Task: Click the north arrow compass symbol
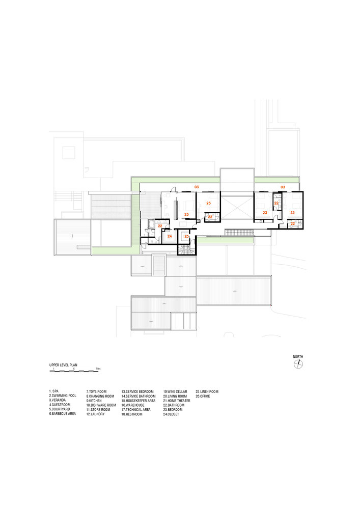tap(298, 364)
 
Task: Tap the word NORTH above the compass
tap(298, 357)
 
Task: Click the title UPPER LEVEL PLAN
tap(63, 365)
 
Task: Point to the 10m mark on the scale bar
tap(98, 369)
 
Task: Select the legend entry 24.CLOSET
tap(171, 414)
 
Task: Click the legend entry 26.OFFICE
tap(203, 396)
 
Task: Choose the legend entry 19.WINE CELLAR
tap(175, 391)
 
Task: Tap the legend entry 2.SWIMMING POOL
tap(63, 395)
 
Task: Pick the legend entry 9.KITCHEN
tap(94, 401)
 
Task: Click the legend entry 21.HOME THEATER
tap(177, 401)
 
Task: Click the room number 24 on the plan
tap(170, 236)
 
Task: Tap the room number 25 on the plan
tap(187, 237)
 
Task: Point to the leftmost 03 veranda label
tap(197, 187)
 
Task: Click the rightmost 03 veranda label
tap(283, 187)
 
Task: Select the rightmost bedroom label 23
tap(292, 213)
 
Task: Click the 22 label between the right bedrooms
tap(276, 203)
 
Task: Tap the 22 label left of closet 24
tap(160, 225)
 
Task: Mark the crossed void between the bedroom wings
tap(237, 208)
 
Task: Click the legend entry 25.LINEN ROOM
tap(207, 391)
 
